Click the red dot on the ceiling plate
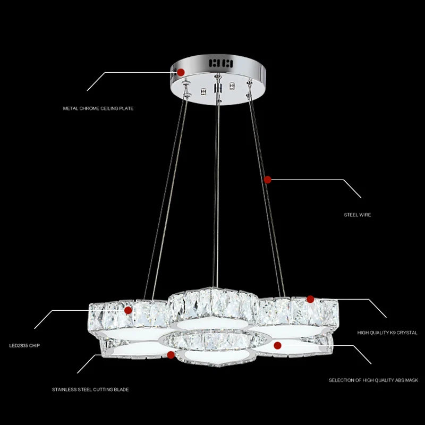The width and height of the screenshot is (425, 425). (181, 72)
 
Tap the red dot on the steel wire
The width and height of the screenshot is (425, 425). (268, 180)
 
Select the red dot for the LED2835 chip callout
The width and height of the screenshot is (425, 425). (128, 310)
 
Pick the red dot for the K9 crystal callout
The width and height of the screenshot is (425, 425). (310, 299)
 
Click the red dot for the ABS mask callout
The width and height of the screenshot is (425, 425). (277, 345)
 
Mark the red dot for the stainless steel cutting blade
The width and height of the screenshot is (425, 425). (171, 354)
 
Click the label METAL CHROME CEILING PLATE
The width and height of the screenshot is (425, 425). (98, 108)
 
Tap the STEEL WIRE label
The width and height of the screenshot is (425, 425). (357, 215)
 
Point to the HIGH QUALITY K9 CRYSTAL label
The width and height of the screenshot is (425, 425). (387, 333)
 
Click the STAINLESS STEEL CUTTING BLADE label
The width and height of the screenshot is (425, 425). (90, 389)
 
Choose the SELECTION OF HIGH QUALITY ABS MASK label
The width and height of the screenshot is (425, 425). (373, 380)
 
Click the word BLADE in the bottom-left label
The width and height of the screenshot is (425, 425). (121, 389)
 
